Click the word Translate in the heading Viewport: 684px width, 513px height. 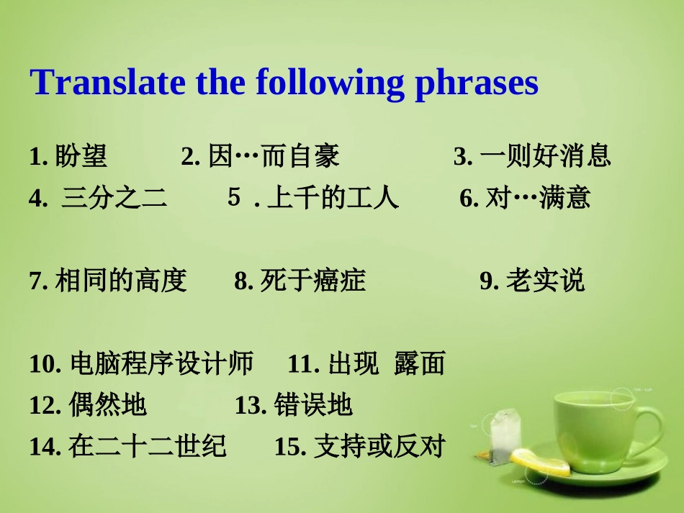coord(107,81)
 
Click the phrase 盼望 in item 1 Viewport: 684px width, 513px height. coord(81,155)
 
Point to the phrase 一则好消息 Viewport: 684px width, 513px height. coord(545,155)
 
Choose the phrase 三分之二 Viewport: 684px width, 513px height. coord(114,197)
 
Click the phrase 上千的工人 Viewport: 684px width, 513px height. coord(333,197)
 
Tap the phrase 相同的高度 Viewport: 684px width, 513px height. coord(121,280)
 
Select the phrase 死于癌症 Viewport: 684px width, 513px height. coord(313,280)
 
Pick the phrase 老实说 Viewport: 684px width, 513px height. coord(545,280)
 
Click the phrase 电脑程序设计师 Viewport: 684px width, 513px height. coord(162,363)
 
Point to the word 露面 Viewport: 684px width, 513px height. coord(420,363)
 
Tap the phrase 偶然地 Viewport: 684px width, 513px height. coord(107,404)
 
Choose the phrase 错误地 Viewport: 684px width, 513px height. coord(313,404)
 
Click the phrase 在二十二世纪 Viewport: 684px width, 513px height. coord(148,446)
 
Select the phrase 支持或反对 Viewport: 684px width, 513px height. coord(379,446)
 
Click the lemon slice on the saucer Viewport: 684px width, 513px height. coord(540,463)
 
